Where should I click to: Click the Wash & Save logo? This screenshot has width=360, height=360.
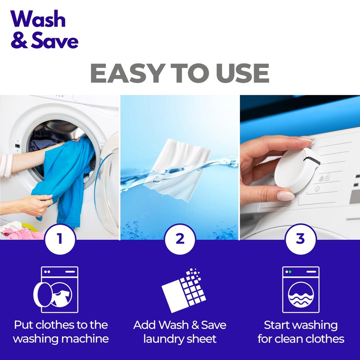click(44, 30)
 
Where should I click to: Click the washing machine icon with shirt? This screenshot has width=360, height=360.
click(59, 290)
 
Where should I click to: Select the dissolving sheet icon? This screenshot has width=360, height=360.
click(183, 290)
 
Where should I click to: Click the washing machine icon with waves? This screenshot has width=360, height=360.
click(301, 290)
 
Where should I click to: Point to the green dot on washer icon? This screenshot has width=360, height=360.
click(290, 272)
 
